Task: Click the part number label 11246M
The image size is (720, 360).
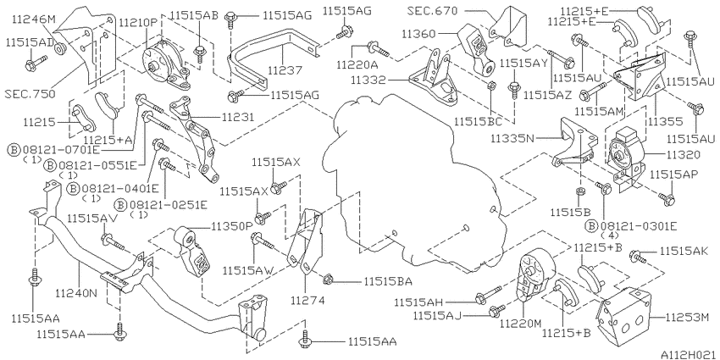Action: (x=34, y=19)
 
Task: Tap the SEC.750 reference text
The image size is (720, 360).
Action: (x=30, y=94)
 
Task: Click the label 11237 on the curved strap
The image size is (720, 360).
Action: (x=285, y=70)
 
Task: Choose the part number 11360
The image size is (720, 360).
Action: (x=419, y=33)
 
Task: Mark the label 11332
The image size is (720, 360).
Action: (x=368, y=80)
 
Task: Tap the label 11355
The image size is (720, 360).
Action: (x=665, y=122)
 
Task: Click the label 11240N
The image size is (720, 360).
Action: (x=77, y=292)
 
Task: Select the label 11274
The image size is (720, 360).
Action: (x=307, y=301)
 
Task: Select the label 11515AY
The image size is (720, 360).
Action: (x=524, y=63)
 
